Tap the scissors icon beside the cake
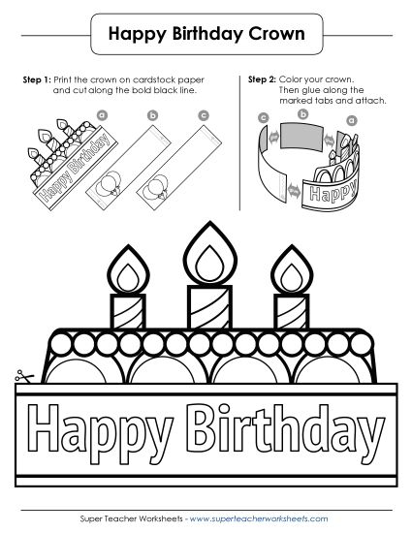[x=21, y=378]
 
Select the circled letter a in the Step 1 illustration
[x=103, y=115]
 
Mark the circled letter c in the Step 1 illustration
[x=203, y=114]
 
